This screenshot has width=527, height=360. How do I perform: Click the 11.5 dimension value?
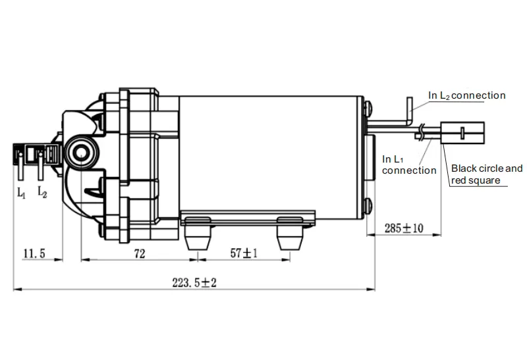tap(34, 252)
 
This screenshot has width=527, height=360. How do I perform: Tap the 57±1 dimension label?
tap(243, 252)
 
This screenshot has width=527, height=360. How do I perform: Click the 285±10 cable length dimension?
tap(403, 228)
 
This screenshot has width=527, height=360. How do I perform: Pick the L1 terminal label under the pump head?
tap(22, 193)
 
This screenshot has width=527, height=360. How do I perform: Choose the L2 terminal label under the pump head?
tap(42, 192)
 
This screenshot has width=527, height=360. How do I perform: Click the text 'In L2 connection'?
tap(467, 95)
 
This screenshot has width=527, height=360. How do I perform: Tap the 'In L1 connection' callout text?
tap(408, 165)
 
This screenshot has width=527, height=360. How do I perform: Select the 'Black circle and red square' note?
tap(486, 174)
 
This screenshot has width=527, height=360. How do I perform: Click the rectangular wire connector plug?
tap(464, 134)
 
